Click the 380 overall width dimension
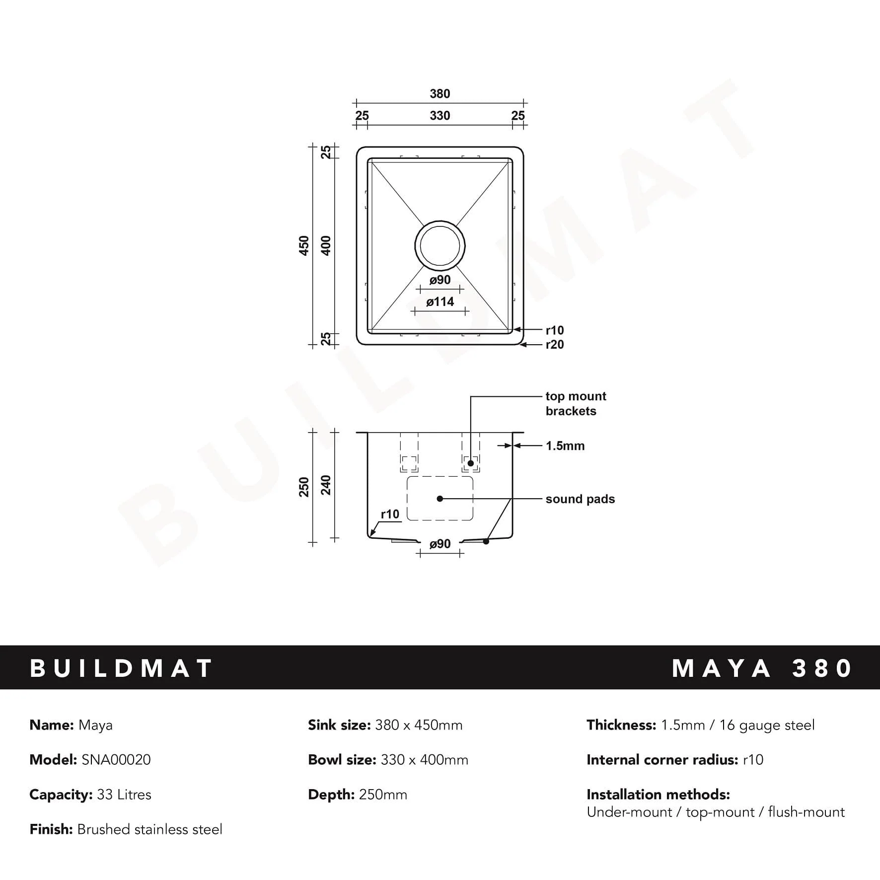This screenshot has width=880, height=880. pos(440,94)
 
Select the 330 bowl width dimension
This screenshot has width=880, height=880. pos(440,116)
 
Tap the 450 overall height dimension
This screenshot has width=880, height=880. pos(304,246)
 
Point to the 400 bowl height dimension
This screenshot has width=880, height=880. pos(326,246)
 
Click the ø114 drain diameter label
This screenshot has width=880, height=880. pos(440,302)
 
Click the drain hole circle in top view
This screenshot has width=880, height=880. pos(440,246)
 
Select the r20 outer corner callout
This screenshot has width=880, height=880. pos(555,345)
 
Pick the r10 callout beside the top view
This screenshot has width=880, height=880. pos(555,330)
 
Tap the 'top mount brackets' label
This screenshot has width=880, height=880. pos(575,404)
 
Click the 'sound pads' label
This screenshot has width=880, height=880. pos(580,499)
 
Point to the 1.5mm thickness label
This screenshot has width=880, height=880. pos(565,446)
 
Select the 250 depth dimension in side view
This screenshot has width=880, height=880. pos(304,487)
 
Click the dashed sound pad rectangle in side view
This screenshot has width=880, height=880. pos(440,499)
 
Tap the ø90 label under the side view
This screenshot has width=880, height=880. pos(440,544)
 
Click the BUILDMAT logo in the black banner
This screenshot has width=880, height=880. pos(122,668)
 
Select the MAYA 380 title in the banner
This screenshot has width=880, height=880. pos(762,668)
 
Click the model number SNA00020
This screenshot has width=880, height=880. pos(116,760)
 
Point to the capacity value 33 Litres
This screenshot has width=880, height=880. pos(124,795)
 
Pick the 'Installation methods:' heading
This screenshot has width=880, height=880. pos(658,795)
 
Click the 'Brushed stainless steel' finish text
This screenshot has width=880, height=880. pos(149,829)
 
